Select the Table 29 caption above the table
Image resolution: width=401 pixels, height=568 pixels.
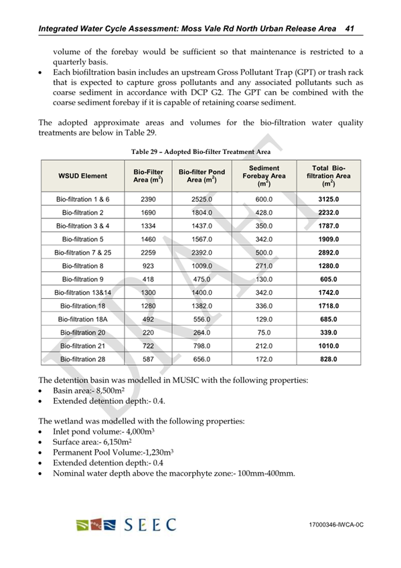[201, 152]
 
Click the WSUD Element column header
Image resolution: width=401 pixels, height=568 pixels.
[82, 176]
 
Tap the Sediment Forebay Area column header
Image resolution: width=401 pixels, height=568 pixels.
[263, 175]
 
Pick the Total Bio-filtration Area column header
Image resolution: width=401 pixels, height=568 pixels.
[328, 175]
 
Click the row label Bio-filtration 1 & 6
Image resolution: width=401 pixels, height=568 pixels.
[82, 200]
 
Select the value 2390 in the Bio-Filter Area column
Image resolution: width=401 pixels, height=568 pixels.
[149, 200]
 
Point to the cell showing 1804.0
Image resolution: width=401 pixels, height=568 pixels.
[202, 212]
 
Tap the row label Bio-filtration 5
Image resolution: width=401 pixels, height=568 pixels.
[82, 239]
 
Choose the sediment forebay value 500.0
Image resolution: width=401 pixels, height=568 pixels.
[263, 253]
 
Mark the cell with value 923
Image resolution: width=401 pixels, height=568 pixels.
[149, 266]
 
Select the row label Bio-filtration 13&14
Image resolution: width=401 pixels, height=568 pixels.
[82, 293]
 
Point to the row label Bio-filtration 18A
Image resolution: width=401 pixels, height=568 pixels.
[82, 319]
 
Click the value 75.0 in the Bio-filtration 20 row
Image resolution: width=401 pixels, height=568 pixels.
[263, 333]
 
